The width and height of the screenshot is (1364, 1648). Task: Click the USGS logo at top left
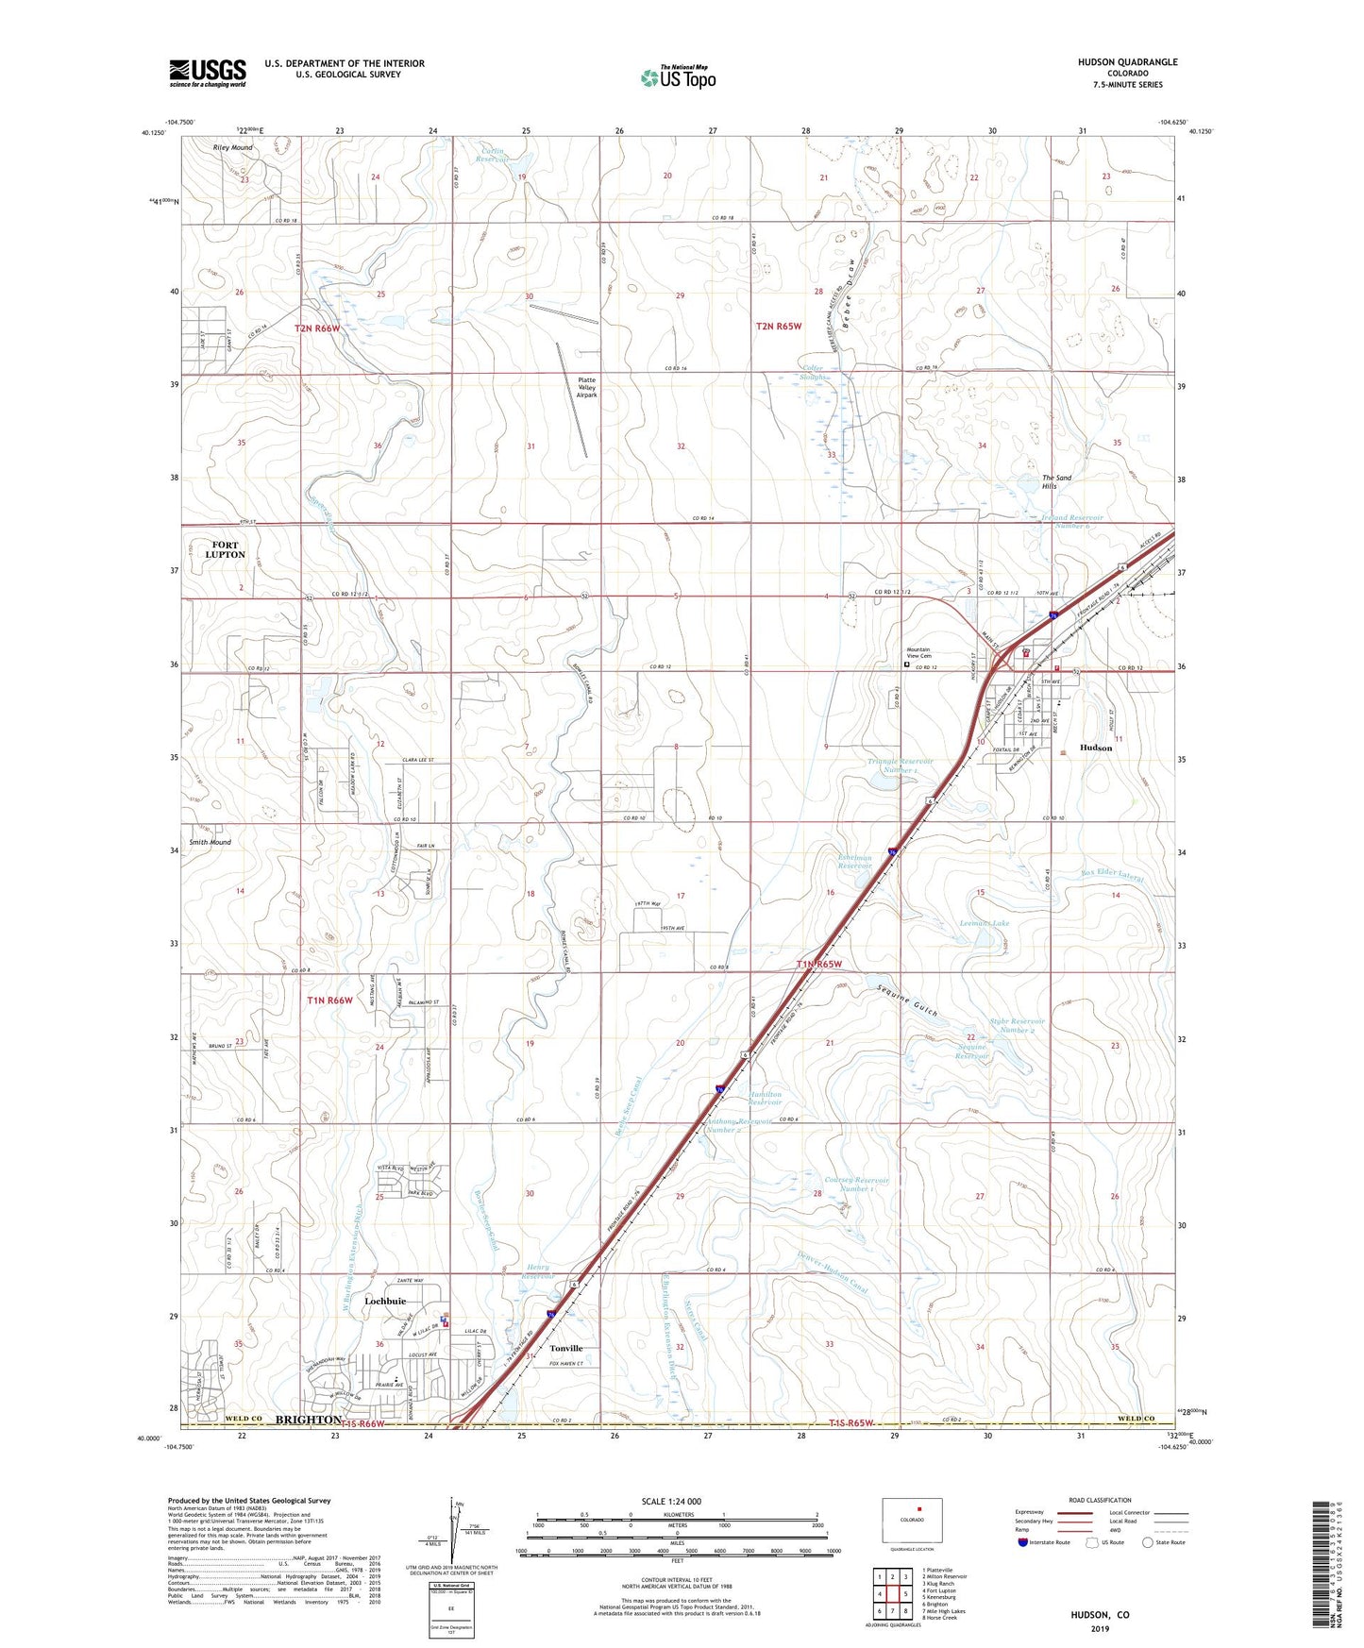tap(208, 73)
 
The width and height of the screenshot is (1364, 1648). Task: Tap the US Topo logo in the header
tap(678, 77)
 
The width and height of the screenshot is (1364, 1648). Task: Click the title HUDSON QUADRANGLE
tap(1127, 62)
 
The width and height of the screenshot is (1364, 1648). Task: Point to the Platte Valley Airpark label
tap(587, 387)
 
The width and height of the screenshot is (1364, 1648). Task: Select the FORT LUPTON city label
tap(226, 549)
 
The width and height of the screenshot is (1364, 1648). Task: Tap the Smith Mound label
tap(210, 842)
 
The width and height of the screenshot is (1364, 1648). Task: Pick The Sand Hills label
tap(1056, 482)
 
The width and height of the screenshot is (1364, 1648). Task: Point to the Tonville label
tap(566, 1348)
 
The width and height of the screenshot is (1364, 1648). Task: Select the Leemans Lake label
tap(985, 923)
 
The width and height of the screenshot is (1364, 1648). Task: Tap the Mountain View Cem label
tap(918, 652)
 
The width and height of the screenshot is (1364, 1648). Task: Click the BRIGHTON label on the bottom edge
tap(308, 1419)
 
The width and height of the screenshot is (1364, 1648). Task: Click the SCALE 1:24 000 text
tap(671, 1501)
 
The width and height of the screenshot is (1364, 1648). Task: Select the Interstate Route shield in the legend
tap(1023, 1542)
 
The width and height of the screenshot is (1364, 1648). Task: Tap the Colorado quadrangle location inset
tap(912, 1521)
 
